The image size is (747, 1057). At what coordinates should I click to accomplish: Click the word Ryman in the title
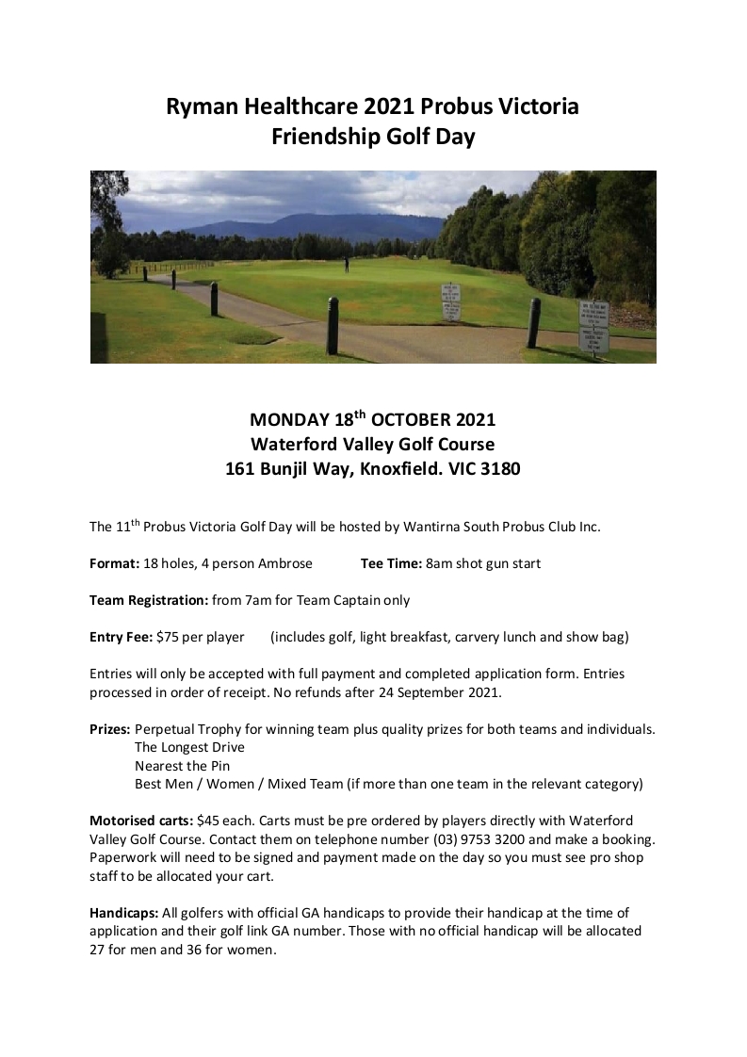pyautogui.click(x=201, y=106)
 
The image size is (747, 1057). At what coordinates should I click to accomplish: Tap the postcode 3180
pyautogui.click(x=498, y=468)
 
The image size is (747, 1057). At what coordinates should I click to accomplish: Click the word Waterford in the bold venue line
pyautogui.click(x=295, y=444)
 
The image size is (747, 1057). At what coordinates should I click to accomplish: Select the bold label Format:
pyautogui.click(x=114, y=563)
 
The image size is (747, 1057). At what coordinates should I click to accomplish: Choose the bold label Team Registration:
pyautogui.click(x=149, y=600)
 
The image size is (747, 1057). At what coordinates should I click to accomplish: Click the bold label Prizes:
pyautogui.click(x=110, y=729)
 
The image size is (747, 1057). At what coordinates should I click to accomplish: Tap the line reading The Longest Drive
pyautogui.click(x=189, y=747)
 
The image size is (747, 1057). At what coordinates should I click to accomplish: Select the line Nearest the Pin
pyautogui.click(x=182, y=766)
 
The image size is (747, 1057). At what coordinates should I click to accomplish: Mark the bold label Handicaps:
pyautogui.click(x=123, y=913)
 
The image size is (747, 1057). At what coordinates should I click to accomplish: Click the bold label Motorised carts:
pyautogui.click(x=141, y=821)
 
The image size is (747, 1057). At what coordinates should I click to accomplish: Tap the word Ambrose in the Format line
pyautogui.click(x=285, y=563)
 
